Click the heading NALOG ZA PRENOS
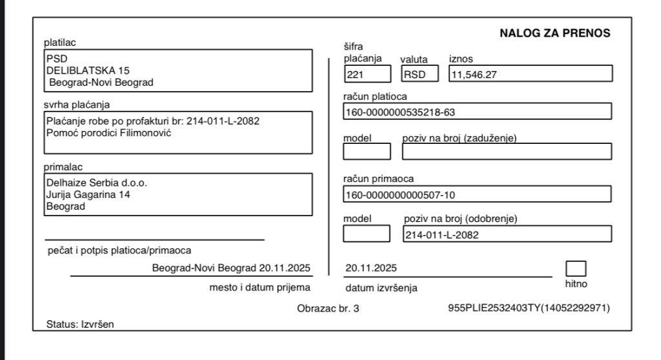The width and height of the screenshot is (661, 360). click(554, 34)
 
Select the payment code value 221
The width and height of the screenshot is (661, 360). click(356, 74)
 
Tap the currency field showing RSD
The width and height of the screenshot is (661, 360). click(414, 74)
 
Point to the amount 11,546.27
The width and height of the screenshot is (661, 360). click(478, 74)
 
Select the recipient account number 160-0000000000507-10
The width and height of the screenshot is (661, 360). click(403, 194)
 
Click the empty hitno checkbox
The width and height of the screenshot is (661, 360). click(576, 268)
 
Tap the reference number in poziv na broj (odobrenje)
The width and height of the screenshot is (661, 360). click(442, 235)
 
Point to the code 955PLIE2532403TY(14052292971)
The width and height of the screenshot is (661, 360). click(529, 308)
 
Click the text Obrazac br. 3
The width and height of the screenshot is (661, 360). click(328, 308)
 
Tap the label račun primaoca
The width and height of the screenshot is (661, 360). click(378, 179)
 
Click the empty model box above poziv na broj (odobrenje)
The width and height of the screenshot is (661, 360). click(366, 234)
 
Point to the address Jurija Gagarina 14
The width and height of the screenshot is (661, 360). click(88, 194)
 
